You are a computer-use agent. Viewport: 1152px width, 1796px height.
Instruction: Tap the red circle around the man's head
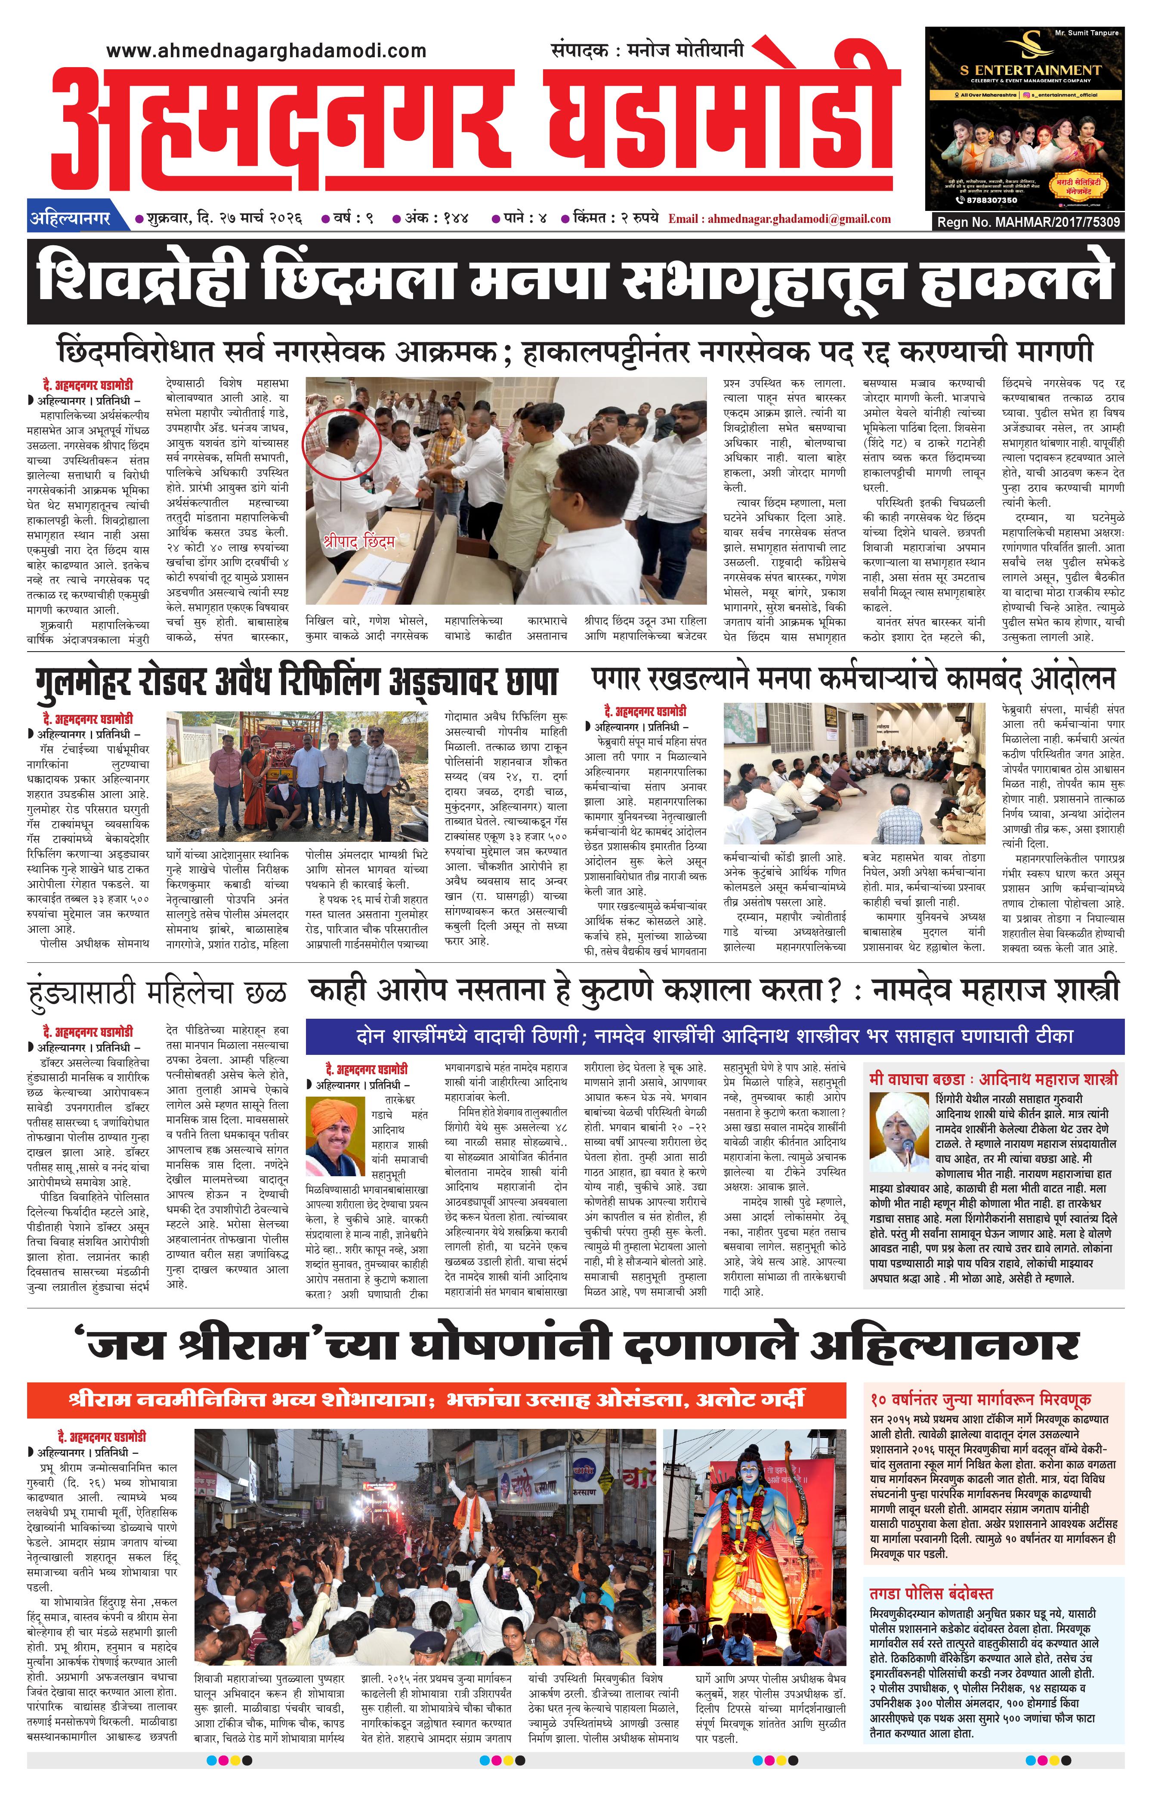coord(341,443)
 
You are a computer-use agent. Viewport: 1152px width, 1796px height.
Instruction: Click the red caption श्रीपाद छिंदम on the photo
coord(359,540)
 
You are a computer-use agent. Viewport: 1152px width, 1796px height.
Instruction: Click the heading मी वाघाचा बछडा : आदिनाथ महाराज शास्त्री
coord(993,1079)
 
